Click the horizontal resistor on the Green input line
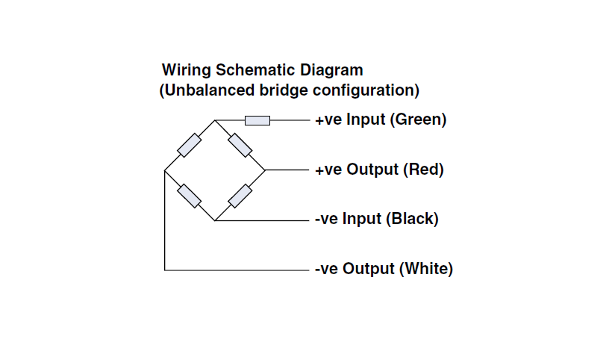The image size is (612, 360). tap(257, 121)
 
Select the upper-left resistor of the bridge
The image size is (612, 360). tap(190, 145)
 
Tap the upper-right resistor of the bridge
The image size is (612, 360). tap(240, 145)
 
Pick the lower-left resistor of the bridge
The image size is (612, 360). tap(190, 196)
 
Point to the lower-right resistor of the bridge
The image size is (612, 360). tap(240, 196)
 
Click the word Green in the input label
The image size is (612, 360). tap(418, 120)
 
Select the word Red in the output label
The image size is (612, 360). tap(423, 170)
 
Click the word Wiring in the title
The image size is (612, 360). tap(187, 71)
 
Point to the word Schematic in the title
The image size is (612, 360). tap(256, 70)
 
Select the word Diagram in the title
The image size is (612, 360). tap(331, 71)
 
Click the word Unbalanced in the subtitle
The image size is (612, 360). tap(210, 90)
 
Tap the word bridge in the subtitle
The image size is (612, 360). tap(284, 90)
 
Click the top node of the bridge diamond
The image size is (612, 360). tap(215, 120)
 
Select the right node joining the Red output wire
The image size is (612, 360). tap(265, 170)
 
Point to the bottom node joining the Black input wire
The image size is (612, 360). tap(215, 220)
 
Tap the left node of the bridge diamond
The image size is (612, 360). tap(164, 170)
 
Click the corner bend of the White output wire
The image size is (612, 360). tap(165, 270)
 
